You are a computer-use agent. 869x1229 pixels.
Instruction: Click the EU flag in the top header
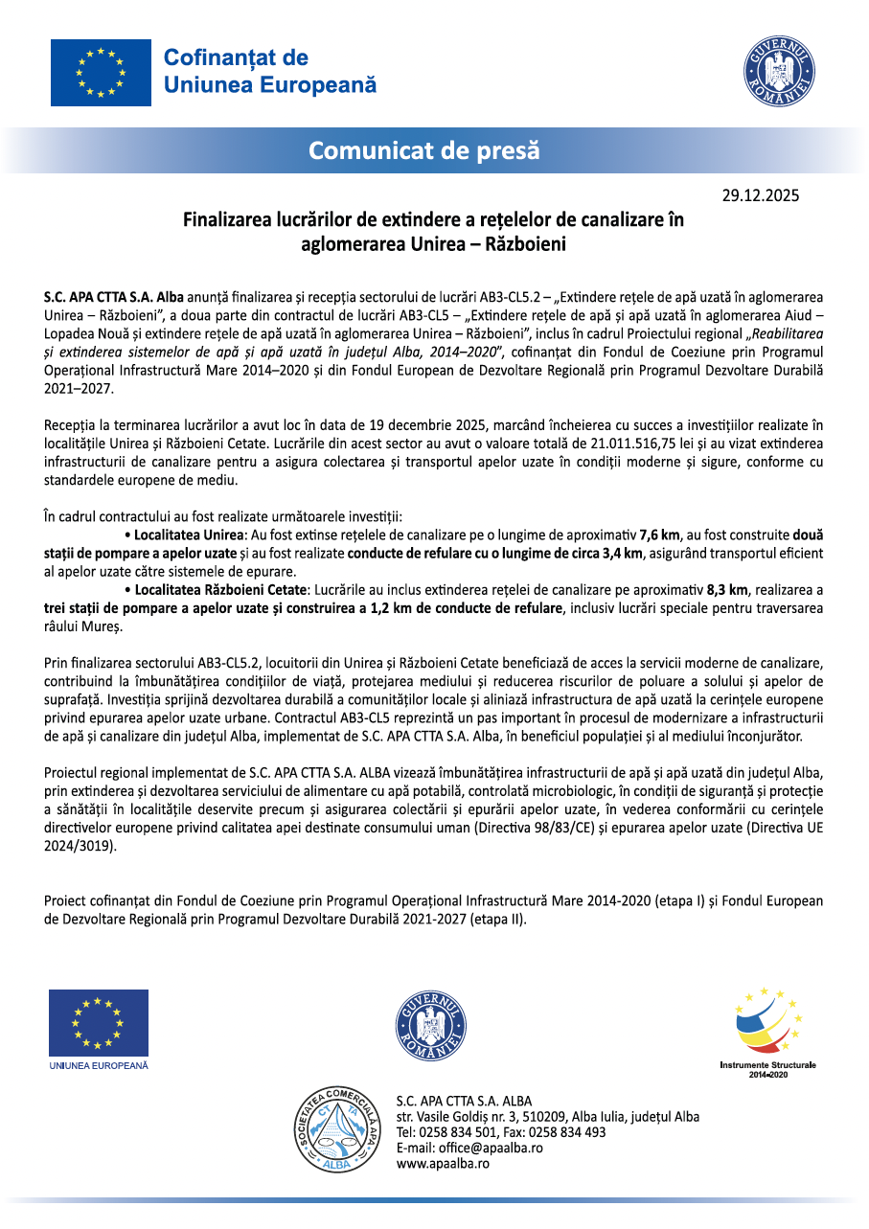(101, 73)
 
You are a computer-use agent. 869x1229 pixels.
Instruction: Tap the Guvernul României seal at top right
(779, 73)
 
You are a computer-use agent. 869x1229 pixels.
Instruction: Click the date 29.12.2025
(760, 196)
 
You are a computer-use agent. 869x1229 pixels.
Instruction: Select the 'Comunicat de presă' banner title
(424, 150)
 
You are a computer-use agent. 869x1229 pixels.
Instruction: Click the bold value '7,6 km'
(659, 535)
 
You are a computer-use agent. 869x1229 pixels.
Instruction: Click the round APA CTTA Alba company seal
(335, 1129)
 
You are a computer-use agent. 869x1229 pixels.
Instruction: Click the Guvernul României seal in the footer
(431, 1026)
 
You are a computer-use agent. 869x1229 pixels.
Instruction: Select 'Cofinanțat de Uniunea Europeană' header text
(270, 72)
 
